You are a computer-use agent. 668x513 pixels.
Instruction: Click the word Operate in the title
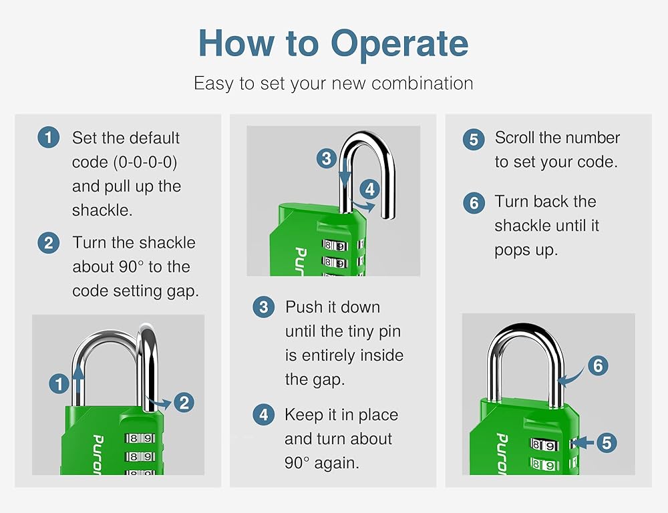coord(399,44)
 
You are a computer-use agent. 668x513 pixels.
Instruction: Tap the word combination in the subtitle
coord(422,83)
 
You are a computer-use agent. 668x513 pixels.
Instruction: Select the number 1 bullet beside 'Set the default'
coord(48,137)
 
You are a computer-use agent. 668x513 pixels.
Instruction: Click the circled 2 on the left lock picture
coord(184,403)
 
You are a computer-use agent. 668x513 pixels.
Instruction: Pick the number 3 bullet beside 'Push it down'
coord(263,307)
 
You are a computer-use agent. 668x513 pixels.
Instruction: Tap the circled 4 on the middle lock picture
coord(369,189)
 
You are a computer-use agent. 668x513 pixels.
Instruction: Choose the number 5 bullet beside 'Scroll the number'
coord(474,140)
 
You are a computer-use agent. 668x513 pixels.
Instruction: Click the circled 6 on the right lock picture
coord(598,365)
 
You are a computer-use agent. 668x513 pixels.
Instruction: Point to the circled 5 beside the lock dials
coord(607,443)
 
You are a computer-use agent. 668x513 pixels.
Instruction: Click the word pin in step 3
coord(389,331)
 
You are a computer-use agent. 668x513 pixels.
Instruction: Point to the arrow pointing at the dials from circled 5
coord(582,443)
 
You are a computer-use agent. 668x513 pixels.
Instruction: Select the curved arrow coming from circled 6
coord(572,377)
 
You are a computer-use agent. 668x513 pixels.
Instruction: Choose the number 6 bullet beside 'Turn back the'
coord(474,203)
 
